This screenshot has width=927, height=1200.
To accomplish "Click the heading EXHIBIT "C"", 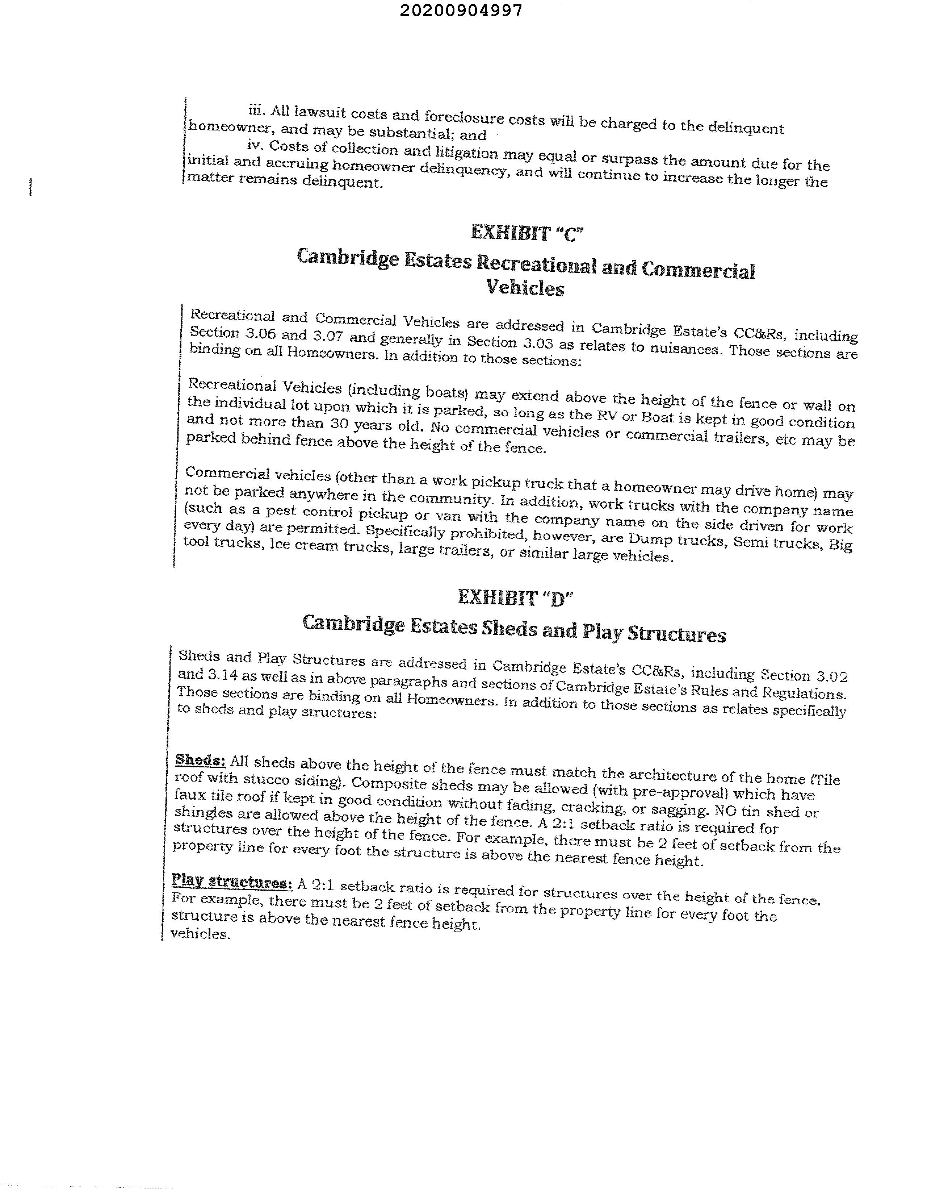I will [527, 233].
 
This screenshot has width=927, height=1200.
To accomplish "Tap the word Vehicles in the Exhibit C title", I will [525, 287].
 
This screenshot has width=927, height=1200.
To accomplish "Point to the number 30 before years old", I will [339, 424].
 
